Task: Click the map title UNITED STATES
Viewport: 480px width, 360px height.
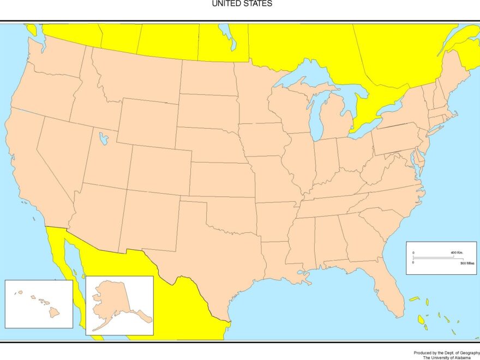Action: pyautogui.click(x=242, y=4)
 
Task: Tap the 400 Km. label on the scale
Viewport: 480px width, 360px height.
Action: pyautogui.click(x=457, y=253)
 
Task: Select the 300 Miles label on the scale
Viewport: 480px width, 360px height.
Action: pyautogui.click(x=467, y=263)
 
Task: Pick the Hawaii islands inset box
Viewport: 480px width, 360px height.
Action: pyautogui.click(x=39, y=304)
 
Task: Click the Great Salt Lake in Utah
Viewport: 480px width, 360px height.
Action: pyautogui.click(x=103, y=138)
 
